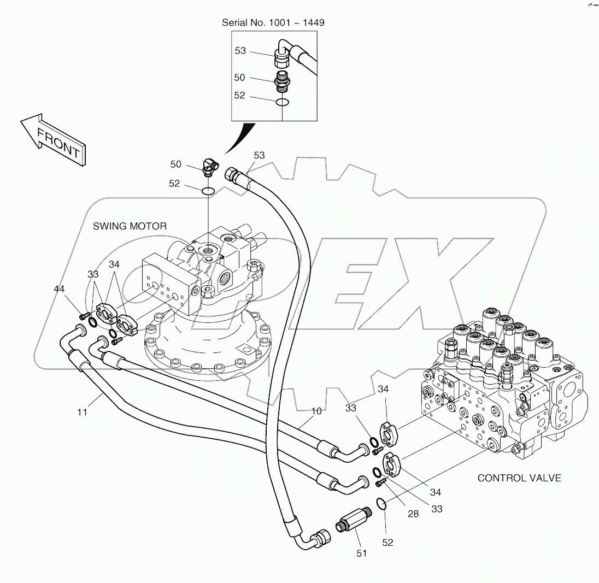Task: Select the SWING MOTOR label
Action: click(130, 226)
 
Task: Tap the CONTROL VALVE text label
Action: click(519, 478)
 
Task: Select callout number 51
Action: click(361, 553)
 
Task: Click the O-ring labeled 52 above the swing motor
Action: click(207, 191)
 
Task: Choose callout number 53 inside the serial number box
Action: click(240, 51)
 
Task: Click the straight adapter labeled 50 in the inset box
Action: click(283, 79)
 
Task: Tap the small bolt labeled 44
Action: click(84, 315)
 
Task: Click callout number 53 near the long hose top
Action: click(259, 156)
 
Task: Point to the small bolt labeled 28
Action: click(381, 482)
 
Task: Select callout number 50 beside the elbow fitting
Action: click(175, 164)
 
